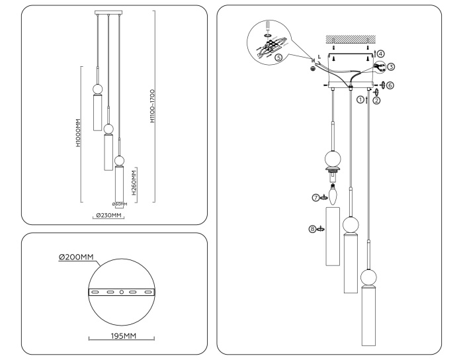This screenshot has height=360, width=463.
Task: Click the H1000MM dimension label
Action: (x=78, y=135)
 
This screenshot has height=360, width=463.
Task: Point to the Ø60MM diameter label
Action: (x=120, y=204)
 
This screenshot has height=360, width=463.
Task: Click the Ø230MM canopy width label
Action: (x=107, y=216)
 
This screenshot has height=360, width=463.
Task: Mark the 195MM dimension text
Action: (x=121, y=336)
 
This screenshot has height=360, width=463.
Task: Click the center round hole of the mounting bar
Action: (x=121, y=292)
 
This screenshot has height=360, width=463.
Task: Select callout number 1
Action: (x=360, y=100)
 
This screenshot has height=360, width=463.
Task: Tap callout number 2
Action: (x=376, y=101)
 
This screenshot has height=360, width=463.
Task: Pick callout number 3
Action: (x=391, y=67)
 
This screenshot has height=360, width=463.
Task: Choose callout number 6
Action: (x=390, y=85)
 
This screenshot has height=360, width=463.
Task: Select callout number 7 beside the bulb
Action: (x=316, y=197)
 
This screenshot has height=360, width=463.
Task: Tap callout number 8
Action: (x=313, y=229)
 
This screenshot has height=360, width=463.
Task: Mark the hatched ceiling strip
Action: (x=350, y=38)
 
